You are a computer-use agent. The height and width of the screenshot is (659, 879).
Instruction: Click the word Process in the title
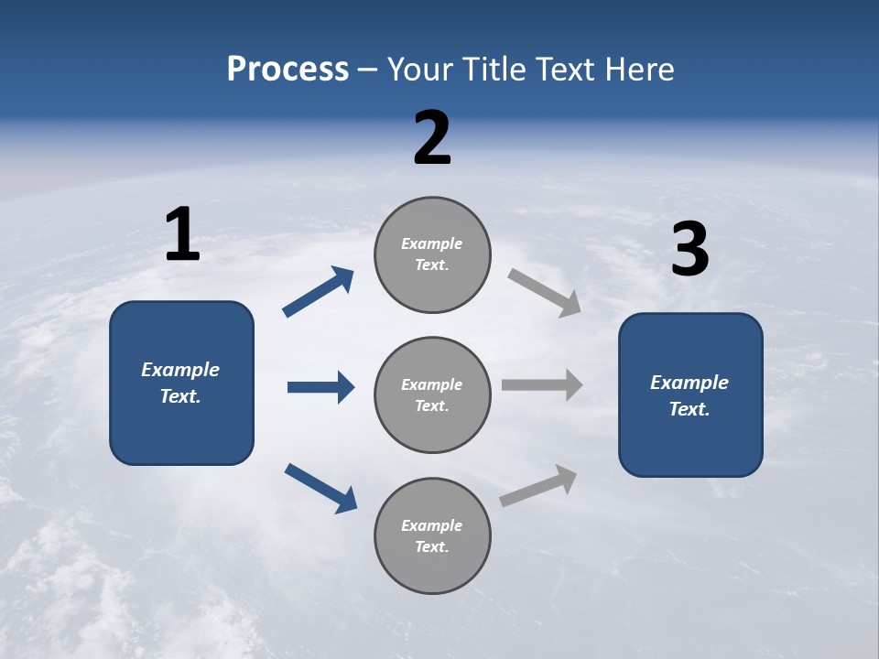[x=288, y=70]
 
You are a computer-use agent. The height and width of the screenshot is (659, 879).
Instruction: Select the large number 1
[x=182, y=235]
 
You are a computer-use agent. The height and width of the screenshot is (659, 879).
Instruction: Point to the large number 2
[x=432, y=138]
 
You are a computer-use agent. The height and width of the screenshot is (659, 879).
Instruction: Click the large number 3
[x=689, y=251]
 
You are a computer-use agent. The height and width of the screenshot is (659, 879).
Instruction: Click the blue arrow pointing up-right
[x=319, y=292]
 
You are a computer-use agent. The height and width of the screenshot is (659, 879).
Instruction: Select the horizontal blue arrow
[x=320, y=387]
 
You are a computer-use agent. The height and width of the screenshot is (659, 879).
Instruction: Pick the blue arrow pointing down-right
[x=320, y=487]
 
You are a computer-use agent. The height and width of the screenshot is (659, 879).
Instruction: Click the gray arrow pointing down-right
[x=545, y=293]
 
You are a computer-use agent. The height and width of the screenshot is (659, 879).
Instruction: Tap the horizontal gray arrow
[x=542, y=385]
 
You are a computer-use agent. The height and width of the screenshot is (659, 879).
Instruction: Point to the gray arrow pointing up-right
[x=538, y=486]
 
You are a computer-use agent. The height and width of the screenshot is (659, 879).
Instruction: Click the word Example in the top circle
[x=432, y=243]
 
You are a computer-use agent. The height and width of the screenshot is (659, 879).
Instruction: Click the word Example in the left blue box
[x=180, y=370]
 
